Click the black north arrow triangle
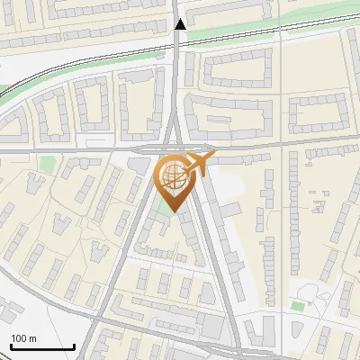click(x=181, y=24)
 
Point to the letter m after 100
click(x=33, y=338)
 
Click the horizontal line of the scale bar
click(x=42, y=347)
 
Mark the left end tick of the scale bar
click(x=11, y=346)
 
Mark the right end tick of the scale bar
click(x=74, y=346)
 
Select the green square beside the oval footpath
click(x=297, y=306)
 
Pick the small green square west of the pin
click(x=47, y=163)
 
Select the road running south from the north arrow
click(x=181, y=72)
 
